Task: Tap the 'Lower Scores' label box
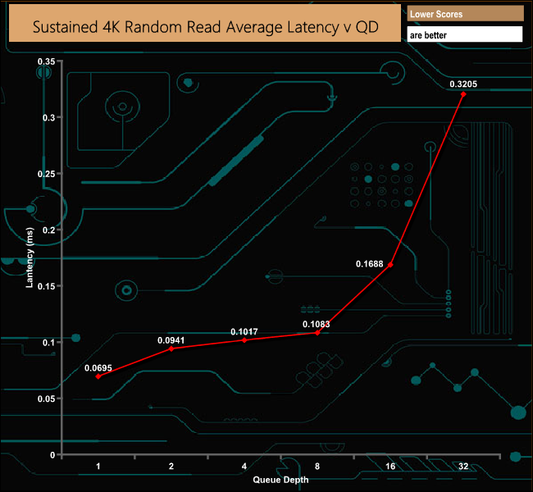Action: click(x=465, y=14)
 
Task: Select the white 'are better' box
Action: click(x=465, y=35)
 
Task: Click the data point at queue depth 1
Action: click(x=98, y=376)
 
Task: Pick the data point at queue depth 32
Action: click(x=463, y=94)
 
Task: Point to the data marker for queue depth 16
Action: click(x=390, y=265)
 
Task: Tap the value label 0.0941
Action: click(x=171, y=339)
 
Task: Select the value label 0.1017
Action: click(x=244, y=331)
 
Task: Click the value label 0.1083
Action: click(x=317, y=325)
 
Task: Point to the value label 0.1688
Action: click(x=370, y=264)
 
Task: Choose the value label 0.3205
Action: click(x=463, y=84)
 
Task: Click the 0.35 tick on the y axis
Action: click(x=47, y=61)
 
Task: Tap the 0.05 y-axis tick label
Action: click(x=47, y=399)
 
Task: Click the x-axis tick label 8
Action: click(x=317, y=466)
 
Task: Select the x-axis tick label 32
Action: click(x=463, y=466)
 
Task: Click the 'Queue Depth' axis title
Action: click(x=280, y=479)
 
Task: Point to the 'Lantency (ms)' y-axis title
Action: click(x=30, y=258)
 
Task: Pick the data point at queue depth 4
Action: click(x=244, y=339)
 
